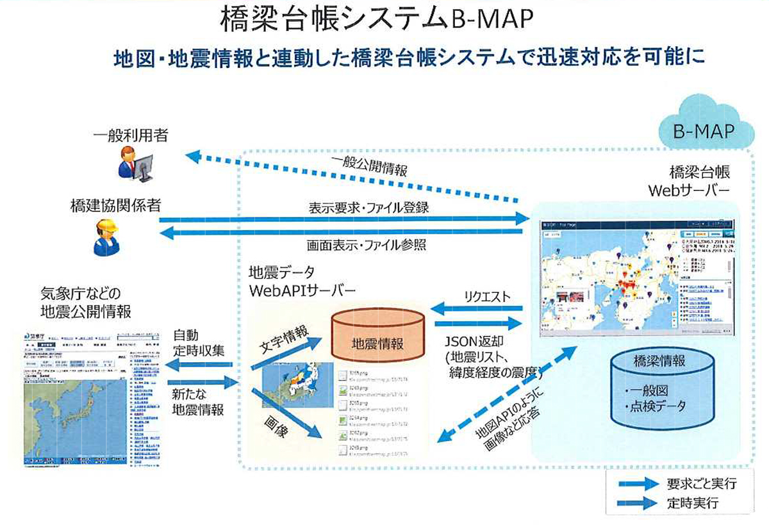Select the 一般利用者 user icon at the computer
click(x=135, y=162)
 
